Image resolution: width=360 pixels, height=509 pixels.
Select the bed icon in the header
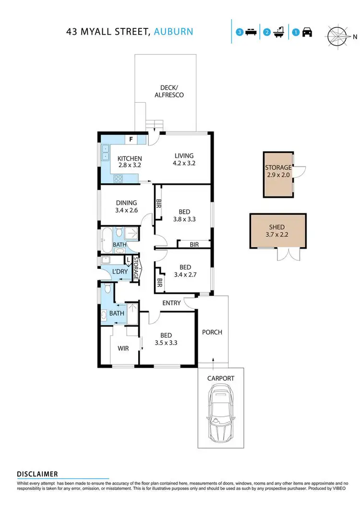tap(250, 33)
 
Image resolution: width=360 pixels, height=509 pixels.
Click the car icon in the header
tap(307, 33)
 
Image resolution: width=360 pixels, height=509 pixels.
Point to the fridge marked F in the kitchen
tap(131, 139)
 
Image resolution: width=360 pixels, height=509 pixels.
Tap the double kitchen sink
tap(105, 152)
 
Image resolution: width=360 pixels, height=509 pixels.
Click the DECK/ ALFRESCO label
tap(168, 91)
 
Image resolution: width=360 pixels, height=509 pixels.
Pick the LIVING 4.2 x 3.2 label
tap(184, 159)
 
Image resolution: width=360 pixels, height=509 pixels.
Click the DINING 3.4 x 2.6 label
tap(126, 206)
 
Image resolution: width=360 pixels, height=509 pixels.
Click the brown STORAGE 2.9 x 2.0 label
tap(278, 171)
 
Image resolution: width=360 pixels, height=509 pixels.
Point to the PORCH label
tap(212, 332)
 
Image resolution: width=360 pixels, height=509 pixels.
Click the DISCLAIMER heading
tap(37, 473)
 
